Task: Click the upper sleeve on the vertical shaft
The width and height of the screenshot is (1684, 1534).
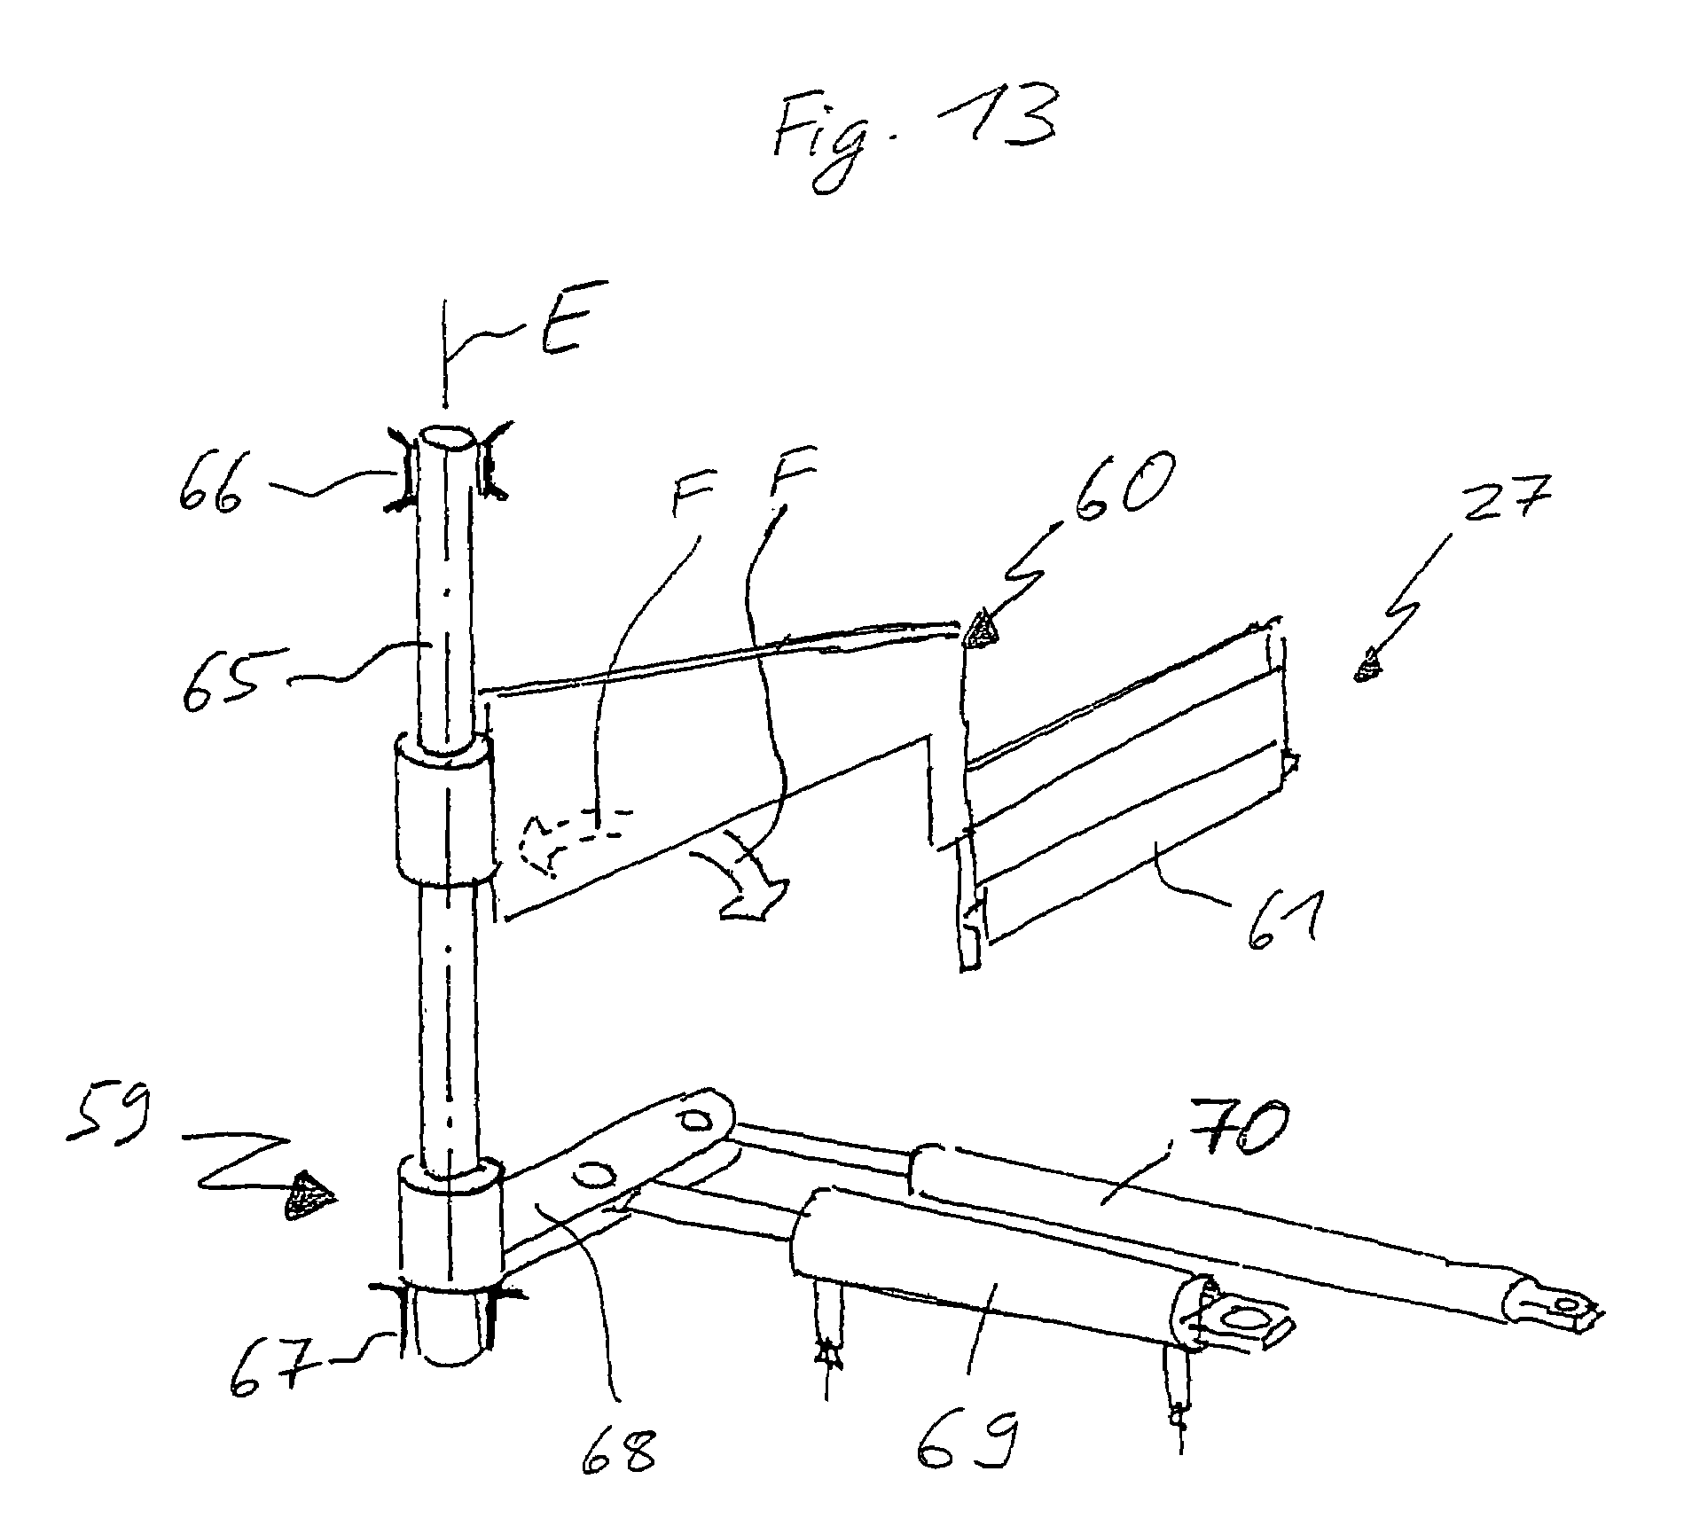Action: pyautogui.click(x=445, y=806)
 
